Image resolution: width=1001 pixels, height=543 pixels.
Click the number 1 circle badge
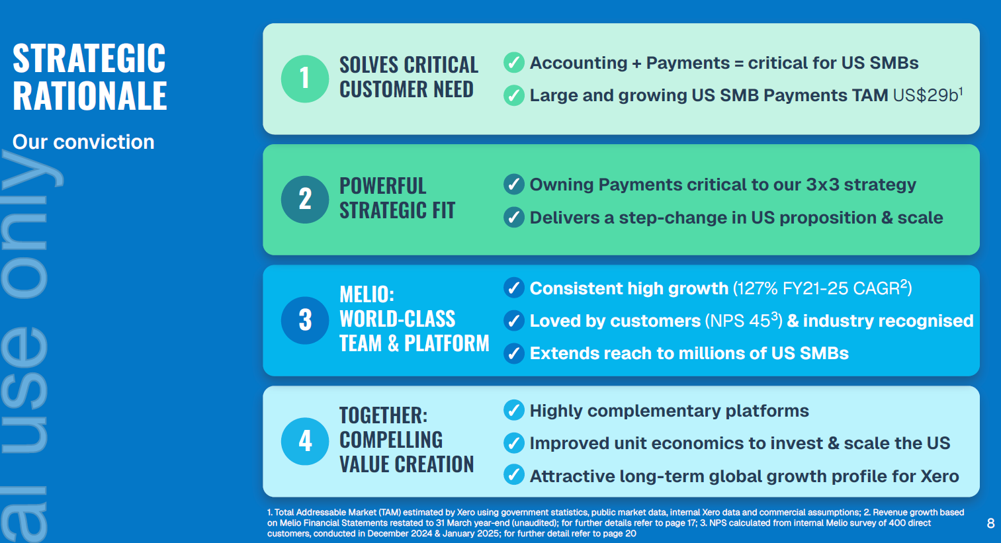point(305,79)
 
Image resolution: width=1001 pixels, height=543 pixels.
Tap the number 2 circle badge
point(305,199)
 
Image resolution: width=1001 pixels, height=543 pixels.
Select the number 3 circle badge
point(305,320)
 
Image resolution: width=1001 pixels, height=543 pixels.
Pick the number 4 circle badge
point(305,442)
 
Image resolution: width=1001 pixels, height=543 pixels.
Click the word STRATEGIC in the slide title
point(89,58)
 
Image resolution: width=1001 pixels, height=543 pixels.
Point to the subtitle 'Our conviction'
point(83,142)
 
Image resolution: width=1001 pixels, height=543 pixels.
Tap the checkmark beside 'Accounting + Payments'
point(514,63)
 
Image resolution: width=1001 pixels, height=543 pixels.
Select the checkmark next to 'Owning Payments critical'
point(514,184)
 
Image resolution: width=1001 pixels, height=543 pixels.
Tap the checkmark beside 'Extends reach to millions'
point(514,353)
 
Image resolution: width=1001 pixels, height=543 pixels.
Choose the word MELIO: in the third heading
point(367,294)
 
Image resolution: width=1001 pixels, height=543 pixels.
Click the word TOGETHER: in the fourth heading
point(384,415)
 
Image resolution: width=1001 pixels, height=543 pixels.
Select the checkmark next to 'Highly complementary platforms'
point(514,410)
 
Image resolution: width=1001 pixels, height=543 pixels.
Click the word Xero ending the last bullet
point(939,476)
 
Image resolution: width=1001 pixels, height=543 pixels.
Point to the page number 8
point(990,523)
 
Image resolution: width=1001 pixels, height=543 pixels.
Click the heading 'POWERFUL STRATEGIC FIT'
point(397,198)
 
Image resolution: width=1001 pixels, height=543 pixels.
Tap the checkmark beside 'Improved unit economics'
point(514,443)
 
